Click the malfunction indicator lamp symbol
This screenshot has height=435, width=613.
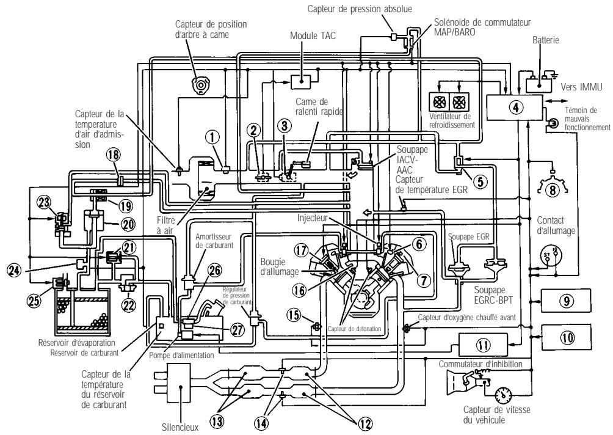554,123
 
